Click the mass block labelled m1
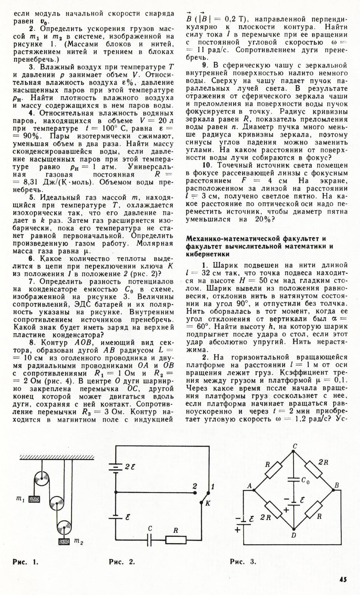click(34, 499)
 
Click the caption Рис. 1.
click(26, 562)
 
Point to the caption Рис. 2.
click(122, 562)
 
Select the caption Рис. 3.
click(243, 562)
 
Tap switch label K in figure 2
click(208, 504)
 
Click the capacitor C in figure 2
click(150, 540)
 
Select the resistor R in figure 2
click(176, 540)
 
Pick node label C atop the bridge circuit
click(295, 446)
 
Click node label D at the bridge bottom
click(294, 535)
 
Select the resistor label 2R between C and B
click(323, 462)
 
